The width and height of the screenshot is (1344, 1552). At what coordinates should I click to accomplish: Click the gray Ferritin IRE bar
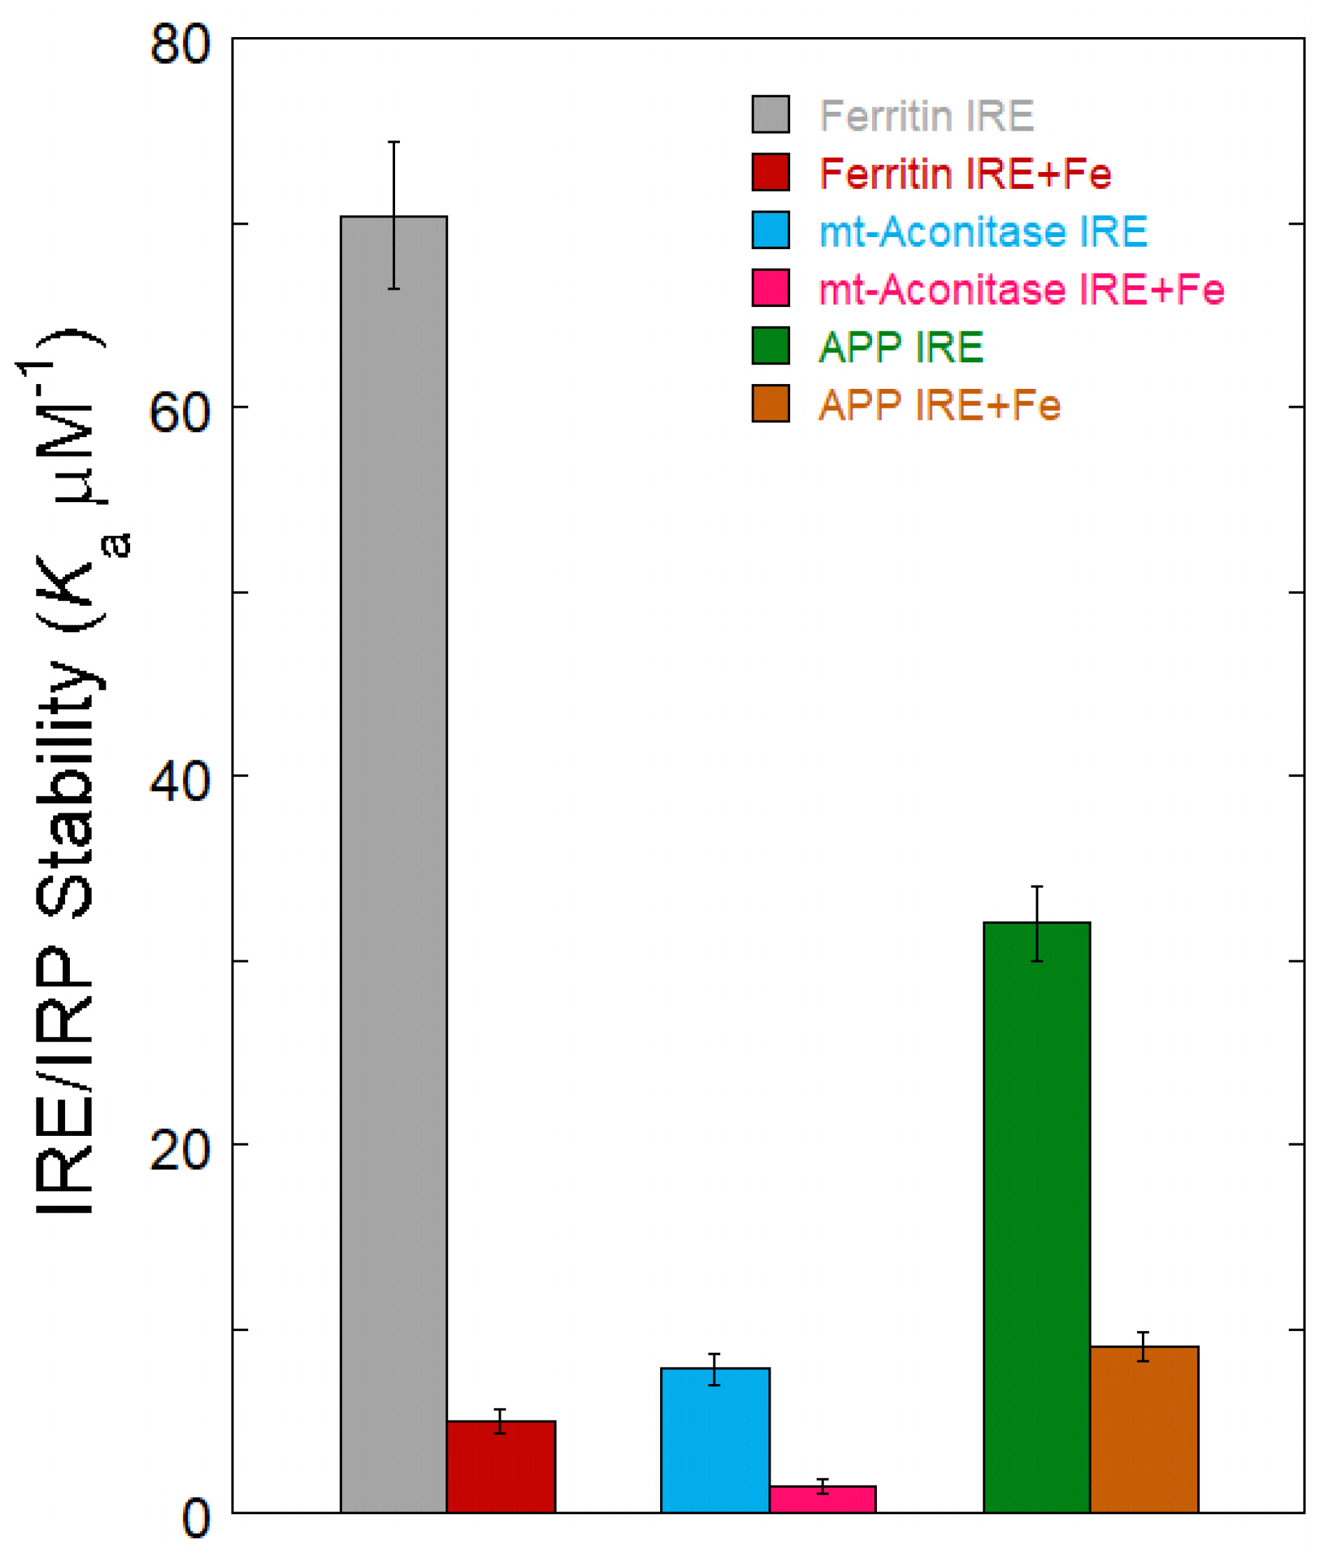[394, 862]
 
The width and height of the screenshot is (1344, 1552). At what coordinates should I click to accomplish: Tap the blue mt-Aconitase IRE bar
[715, 1439]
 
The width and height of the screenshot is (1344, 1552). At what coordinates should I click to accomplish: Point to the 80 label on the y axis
[180, 45]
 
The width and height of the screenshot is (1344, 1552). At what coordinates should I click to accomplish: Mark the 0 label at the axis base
[196, 1519]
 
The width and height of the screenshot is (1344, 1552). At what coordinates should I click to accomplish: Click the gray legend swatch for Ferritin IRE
[771, 115]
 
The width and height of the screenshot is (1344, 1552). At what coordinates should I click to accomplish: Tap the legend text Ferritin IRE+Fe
[965, 173]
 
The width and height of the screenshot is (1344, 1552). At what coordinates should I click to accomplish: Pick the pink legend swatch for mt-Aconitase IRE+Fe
[771, 289]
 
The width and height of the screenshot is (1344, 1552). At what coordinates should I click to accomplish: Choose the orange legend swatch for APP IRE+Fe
[771, 404]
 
